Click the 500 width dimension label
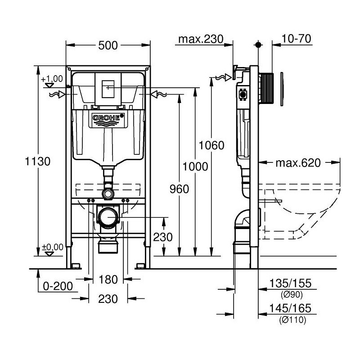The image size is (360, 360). pyautogui.click(x=108, y=45)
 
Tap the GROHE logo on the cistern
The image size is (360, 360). pyautogui.click(x=107, y=118)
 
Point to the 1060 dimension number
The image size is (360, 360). pyautogui.click(x=211, y=145)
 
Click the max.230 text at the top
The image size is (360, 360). pyautogui.click(x=200, y=40)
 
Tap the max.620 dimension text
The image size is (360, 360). pyautogui.click(x=298, y=163)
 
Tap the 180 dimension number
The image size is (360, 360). pyautogui.click(x=108, y=279)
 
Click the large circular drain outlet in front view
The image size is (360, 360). pyautogui.click(x=108, y=218)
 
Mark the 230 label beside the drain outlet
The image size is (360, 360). pyautogui.click(x=162, y=237)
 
